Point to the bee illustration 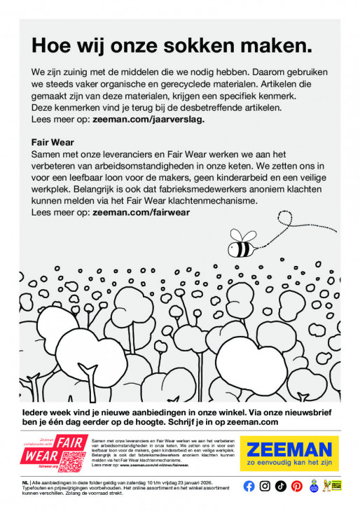click(242, 247)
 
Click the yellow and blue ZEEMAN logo click(289, 448)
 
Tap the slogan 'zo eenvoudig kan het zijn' click(289, 463)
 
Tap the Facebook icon click(249, 486)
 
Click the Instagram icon click(265, 486)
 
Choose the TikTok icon click(281, 486)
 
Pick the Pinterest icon click(297, 486)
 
